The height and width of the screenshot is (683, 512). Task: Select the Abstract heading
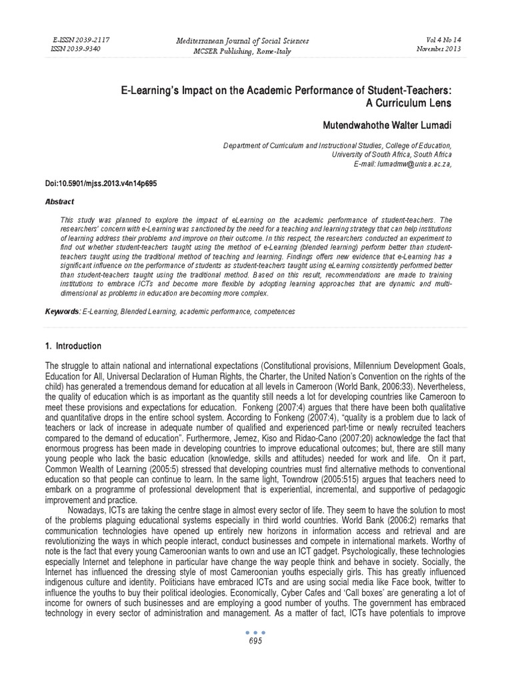(x=60, y=201)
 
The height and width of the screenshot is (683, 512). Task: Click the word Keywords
(x=62, y=311)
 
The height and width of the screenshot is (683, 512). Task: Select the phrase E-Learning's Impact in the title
(x=147, y=89)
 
